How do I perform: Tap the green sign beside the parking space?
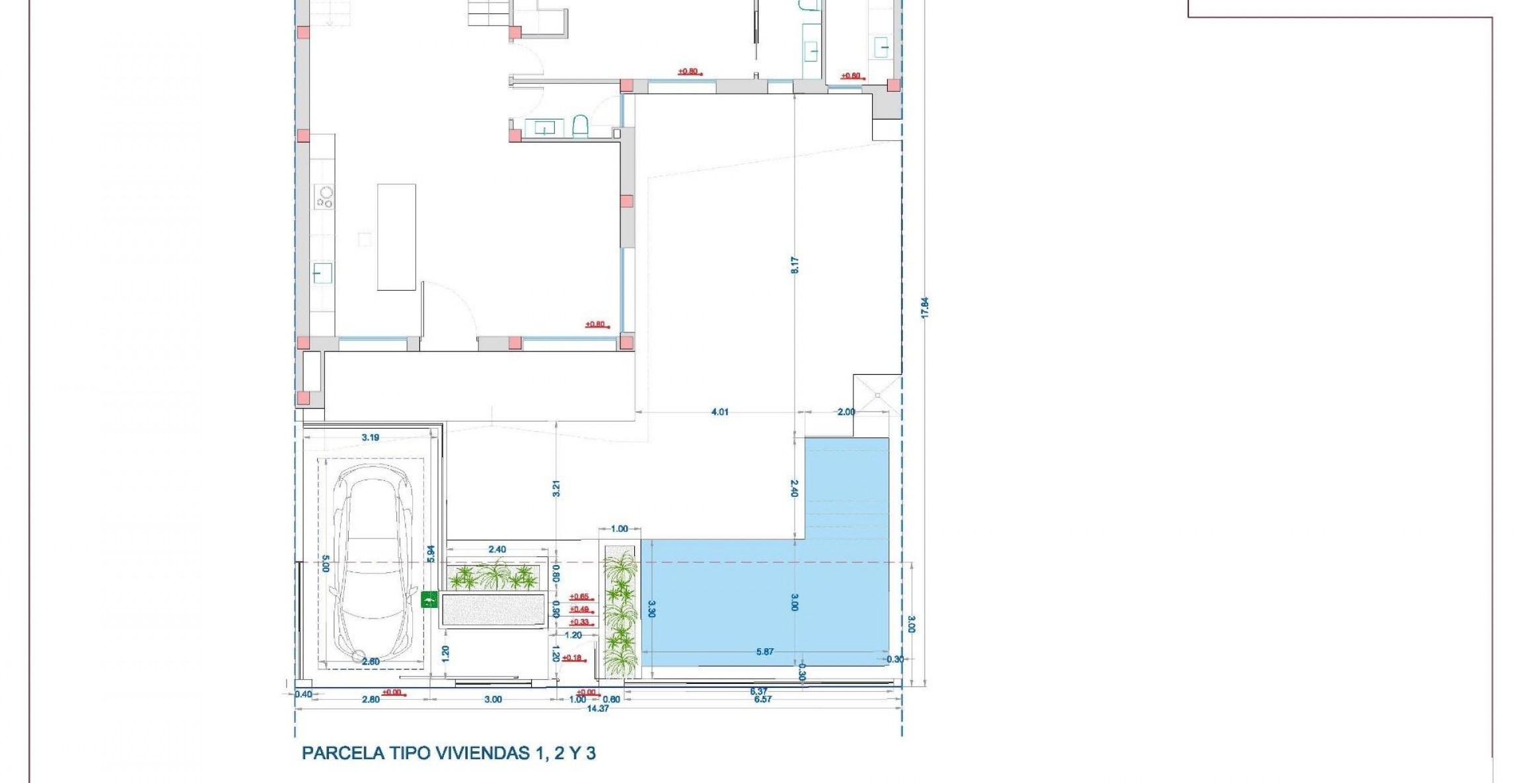point(429,599)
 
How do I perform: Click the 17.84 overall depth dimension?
point(925,308)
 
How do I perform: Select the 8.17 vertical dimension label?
point(795,265)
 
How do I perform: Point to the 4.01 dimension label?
point(719,412)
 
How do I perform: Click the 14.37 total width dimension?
point(597,708)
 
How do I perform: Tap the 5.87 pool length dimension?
point(764,652)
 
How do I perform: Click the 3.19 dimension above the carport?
point(371,437)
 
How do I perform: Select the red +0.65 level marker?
point(579,597)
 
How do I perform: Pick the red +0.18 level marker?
point(572,657)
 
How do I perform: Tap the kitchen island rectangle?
point(396,237)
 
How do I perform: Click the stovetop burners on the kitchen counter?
point(324,196)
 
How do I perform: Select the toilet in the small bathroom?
point(580,126)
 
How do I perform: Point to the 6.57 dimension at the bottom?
point(762,699)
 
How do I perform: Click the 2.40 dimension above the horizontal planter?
point(497,550)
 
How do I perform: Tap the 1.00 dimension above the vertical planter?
point(619,529)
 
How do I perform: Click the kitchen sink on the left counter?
point(322,272)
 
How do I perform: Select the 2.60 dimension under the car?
point(371,661)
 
